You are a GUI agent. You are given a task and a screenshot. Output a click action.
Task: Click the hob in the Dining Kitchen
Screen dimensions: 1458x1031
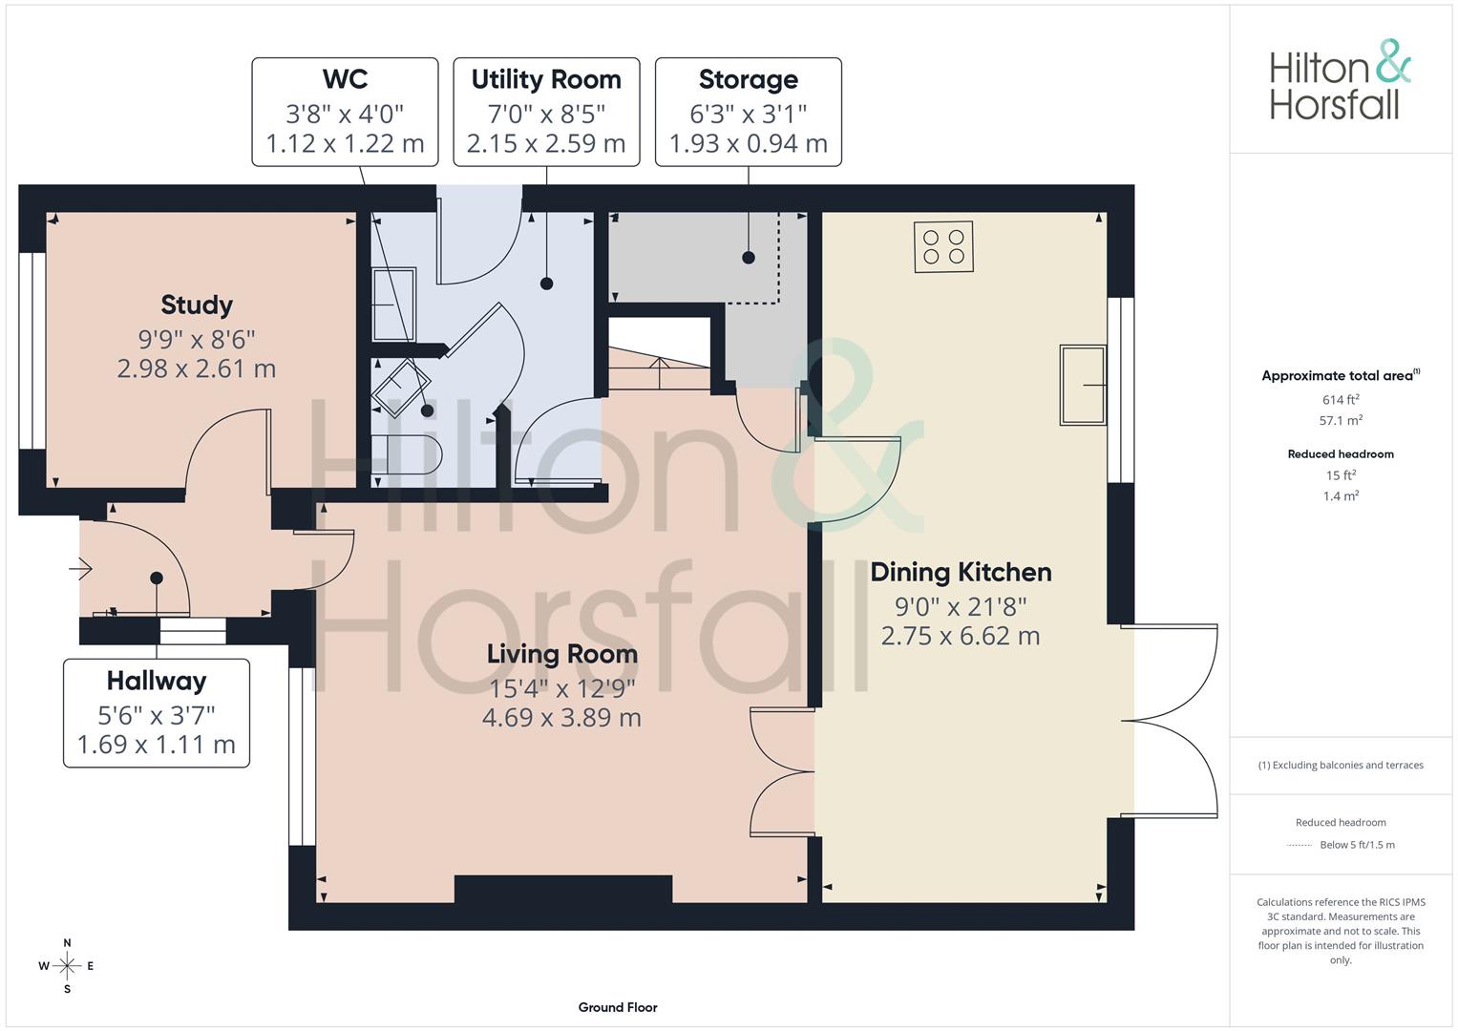943,246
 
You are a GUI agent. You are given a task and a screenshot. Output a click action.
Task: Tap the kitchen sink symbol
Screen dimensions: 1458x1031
1083,385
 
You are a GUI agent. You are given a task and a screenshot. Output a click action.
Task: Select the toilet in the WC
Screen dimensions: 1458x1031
407,454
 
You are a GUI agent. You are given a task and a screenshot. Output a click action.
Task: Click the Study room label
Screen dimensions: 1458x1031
197,305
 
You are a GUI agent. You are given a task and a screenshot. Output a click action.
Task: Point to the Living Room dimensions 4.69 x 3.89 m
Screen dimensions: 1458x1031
561,717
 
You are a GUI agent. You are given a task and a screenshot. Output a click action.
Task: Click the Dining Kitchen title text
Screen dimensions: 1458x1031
961,572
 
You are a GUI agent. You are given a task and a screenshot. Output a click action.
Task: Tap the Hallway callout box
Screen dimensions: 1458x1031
157,713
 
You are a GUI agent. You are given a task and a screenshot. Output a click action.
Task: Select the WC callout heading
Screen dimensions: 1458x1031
345,78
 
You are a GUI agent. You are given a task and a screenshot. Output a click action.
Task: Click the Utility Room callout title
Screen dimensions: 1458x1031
546,79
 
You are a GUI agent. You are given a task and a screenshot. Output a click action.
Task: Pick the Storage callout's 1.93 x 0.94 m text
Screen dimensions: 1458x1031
749,143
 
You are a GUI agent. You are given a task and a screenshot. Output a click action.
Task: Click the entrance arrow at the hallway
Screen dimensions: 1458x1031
81,568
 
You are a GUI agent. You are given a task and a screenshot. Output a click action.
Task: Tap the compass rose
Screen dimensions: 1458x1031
67,966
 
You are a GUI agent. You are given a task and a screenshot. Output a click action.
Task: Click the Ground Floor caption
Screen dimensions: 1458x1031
618,1007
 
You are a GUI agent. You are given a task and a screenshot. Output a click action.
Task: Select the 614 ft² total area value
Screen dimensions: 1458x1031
1341,400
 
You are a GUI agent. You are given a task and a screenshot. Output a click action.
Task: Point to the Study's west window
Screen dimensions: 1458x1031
32,350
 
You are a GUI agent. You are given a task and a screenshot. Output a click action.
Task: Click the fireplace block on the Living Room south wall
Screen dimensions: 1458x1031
563,889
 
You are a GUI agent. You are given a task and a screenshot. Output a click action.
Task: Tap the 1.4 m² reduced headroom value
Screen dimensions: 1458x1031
1341,496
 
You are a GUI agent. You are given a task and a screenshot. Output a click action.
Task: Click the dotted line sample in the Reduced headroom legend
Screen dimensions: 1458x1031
1300,846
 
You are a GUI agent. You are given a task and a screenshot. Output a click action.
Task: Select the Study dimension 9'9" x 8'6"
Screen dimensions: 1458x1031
197,339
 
